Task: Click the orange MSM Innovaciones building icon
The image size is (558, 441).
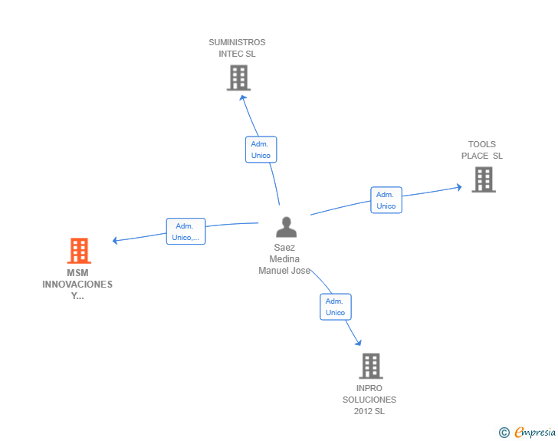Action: pos(79,251)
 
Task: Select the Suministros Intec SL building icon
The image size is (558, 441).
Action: pos(239,77)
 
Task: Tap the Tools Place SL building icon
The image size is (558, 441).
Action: pos(484,179)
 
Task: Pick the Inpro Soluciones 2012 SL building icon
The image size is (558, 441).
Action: pos(371,366)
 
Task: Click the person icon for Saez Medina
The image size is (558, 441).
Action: pos(286,227)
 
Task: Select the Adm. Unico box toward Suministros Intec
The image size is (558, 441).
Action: pos(261,150)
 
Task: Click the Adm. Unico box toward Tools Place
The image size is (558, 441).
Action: pos(386,200)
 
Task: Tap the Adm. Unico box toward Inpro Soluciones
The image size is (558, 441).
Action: pos(336,307)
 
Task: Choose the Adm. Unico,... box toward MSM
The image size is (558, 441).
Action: pos(185,231)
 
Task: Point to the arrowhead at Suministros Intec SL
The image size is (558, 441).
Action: pos(243,97)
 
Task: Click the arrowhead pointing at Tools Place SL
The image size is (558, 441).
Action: pos(459,187)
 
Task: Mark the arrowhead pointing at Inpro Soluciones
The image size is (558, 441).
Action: pos(359,343)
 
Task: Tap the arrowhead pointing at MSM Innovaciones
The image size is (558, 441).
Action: pos(115,241)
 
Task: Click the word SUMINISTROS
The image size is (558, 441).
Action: pos(237,42)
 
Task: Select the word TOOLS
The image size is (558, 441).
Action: pos(482,144)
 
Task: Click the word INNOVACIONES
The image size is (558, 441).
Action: pos(77,285)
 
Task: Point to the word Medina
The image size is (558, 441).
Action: pos(284,259)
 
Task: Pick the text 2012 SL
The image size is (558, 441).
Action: pos(369,411)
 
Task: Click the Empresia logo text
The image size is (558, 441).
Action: pos(535,433)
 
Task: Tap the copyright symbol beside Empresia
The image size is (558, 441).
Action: pos(504,433)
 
